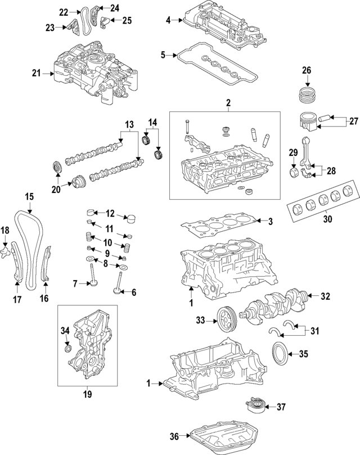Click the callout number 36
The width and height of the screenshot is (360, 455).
[175, 436]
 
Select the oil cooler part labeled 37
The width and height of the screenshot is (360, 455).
[254, 406]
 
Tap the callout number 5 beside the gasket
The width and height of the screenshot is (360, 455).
[163, 55]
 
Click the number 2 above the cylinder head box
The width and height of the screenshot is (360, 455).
[228, 103]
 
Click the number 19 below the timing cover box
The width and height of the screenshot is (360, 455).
[87, 395]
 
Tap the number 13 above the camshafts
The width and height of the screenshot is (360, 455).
[129, 124]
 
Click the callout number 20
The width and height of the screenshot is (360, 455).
[56, 190]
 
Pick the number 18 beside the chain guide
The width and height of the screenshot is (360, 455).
[4, 230]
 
